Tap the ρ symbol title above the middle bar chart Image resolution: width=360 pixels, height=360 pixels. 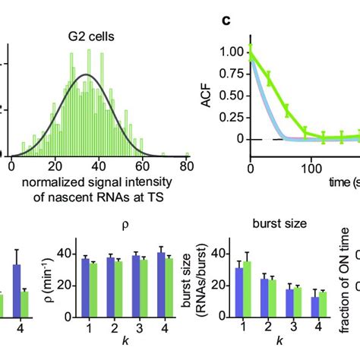[125, 225]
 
